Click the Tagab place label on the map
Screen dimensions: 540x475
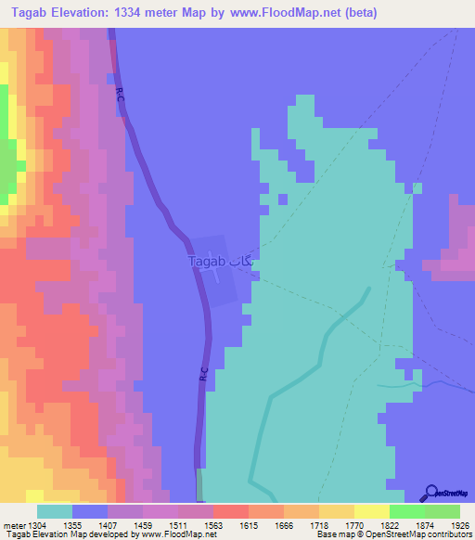pos(207,262)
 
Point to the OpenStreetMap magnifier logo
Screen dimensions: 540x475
pos(430,493)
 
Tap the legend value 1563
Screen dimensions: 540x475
pos(212,524)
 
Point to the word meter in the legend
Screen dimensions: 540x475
pos(11,524)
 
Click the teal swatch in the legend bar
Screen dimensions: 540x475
pos(55,511)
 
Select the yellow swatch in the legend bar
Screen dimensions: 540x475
pos(371,511)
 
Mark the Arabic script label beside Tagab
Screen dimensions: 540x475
pos(241,262)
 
